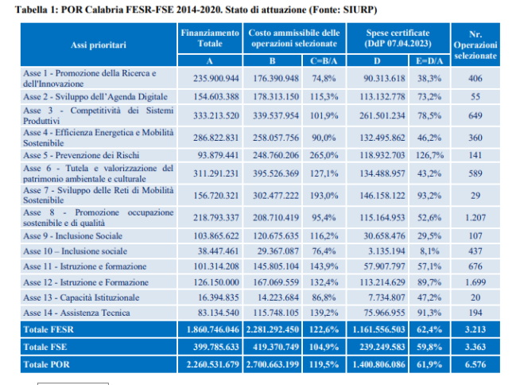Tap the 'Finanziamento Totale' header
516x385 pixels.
(x=210, y=37)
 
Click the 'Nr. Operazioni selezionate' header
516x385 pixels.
(x=475, y=46)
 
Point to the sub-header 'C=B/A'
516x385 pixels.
(x=322, y=60)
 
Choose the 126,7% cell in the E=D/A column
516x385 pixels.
(x=429, y=154)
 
